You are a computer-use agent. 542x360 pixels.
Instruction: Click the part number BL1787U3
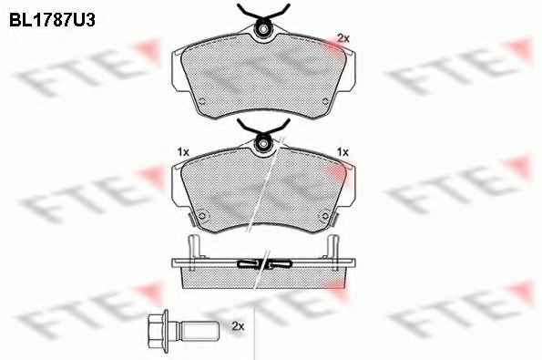point(52,20)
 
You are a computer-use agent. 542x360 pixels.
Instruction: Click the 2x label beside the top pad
point(343,38)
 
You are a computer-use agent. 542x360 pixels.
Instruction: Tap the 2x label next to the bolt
point(238,326)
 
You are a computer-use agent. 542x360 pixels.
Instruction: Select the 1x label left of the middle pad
point(183,152)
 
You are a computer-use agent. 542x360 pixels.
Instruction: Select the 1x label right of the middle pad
point(343,152)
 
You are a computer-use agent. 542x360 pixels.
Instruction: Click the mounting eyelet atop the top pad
point(263,29)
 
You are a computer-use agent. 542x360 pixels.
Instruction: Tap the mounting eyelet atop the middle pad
point(263,143)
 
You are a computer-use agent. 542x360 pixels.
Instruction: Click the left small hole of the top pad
point(202,102)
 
